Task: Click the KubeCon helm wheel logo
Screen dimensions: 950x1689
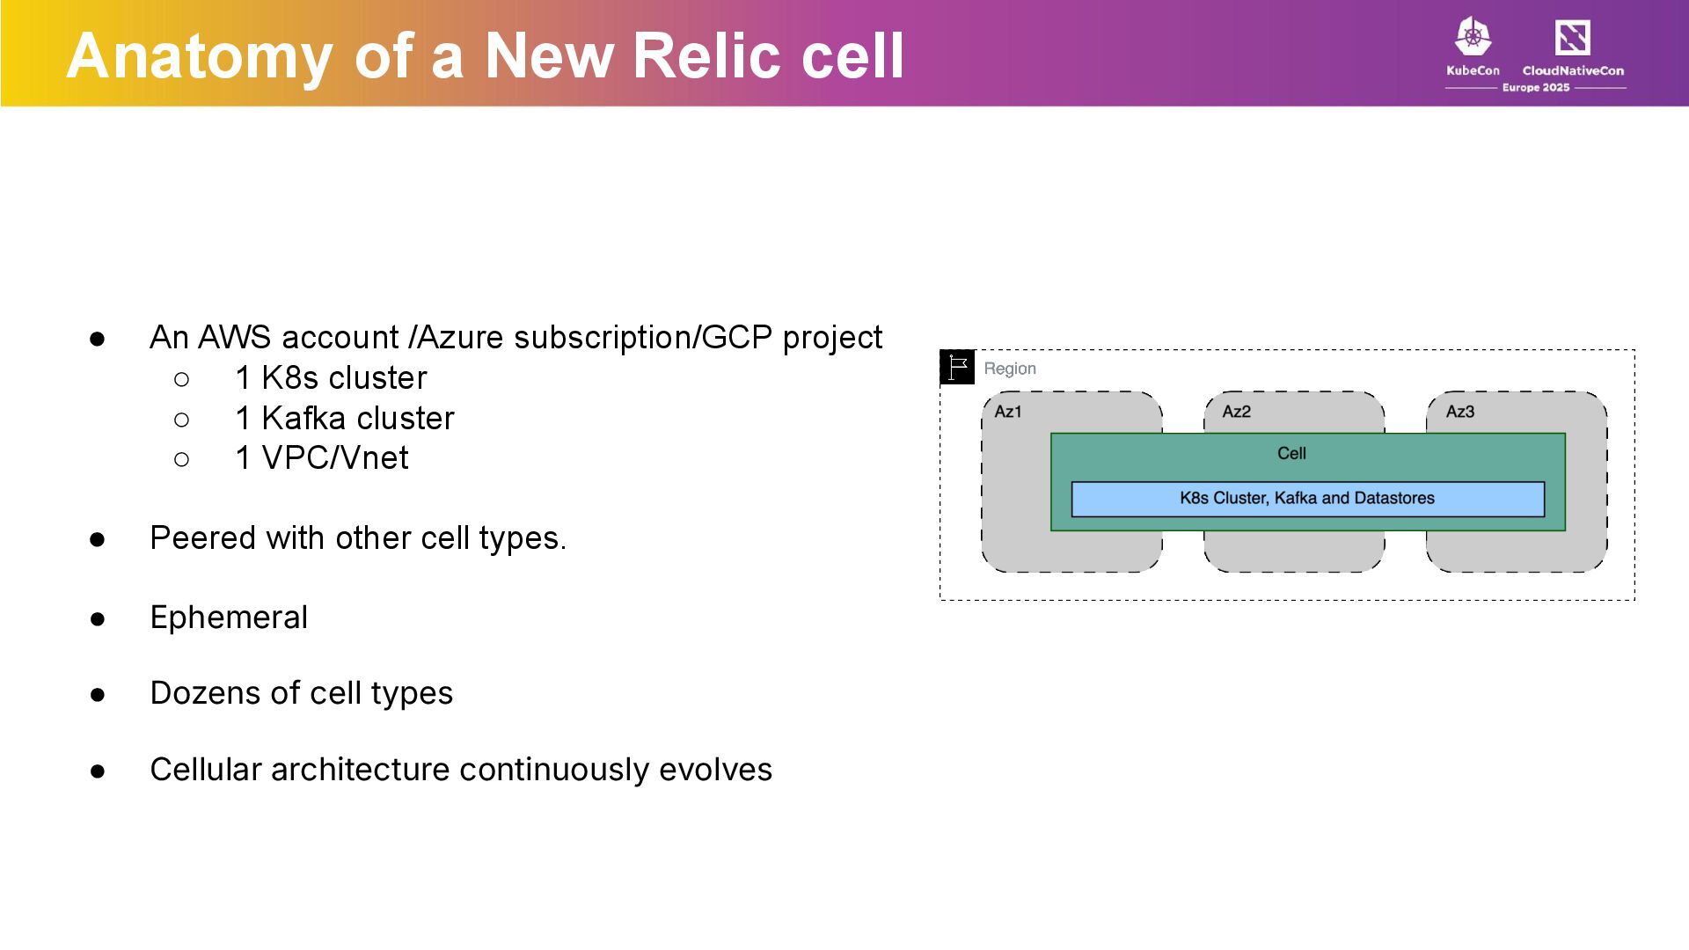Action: [1473, 37]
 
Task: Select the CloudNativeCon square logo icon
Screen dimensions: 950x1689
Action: [1572, 38]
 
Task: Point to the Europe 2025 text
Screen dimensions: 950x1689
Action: [1536, 88]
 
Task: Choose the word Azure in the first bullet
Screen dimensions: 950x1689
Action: [461, 338]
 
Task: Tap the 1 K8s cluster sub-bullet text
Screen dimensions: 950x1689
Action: [331, 378]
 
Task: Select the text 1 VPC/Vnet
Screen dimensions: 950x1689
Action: [322, 458]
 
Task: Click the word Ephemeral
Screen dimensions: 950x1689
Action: [229, 617]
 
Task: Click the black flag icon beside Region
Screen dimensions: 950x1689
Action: [957, 367]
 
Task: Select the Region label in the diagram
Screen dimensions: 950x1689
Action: [1010, 369]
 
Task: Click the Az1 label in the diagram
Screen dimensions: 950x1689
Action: [1008, 412]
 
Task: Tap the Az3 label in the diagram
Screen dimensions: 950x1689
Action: [1460, 412]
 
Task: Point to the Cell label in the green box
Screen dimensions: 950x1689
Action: [1291, 453]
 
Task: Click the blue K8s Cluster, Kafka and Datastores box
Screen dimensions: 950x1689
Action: [1307, 499]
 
